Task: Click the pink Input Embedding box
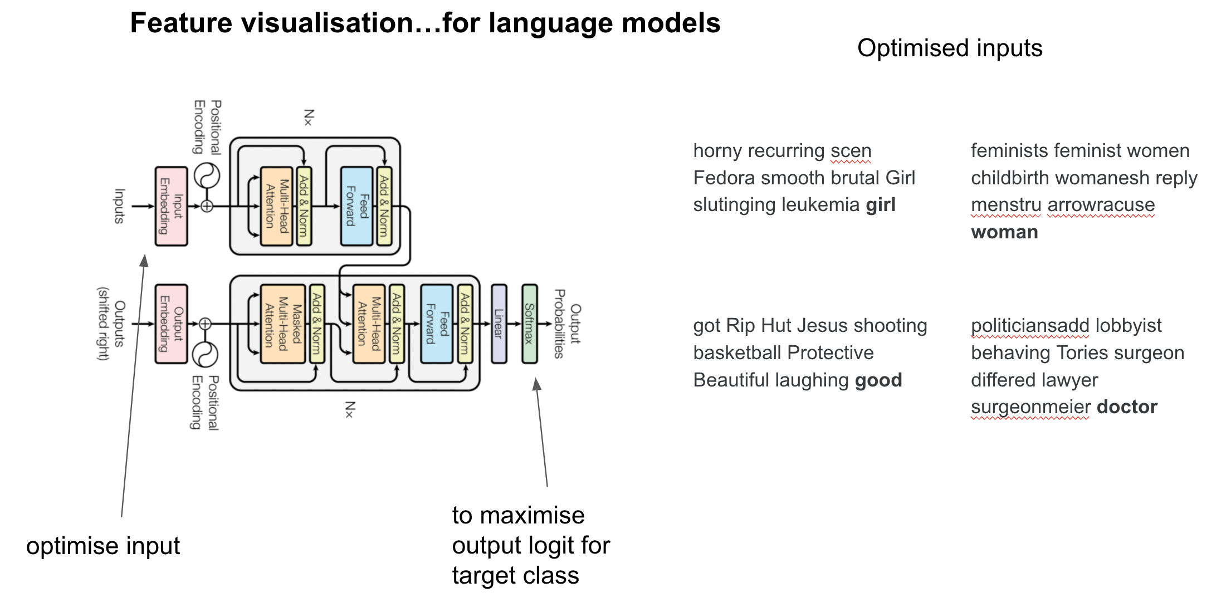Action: point(171,206)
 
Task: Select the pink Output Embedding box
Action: point(171,324)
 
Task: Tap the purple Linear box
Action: point(499,324)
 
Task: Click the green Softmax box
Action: point(529,324)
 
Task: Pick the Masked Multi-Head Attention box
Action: point(283,324)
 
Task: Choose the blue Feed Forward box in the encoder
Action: point(356,206)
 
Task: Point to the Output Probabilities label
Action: point(568,324)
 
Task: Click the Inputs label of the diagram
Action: point(119,206)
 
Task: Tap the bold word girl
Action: point(880,205)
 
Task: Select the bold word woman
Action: point(1004,232)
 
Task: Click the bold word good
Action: point(878,380)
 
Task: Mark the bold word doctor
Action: point(1127,407)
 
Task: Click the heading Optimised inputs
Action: point(950,48)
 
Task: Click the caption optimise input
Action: point(103,546)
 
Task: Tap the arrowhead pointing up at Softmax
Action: point(536,384)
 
